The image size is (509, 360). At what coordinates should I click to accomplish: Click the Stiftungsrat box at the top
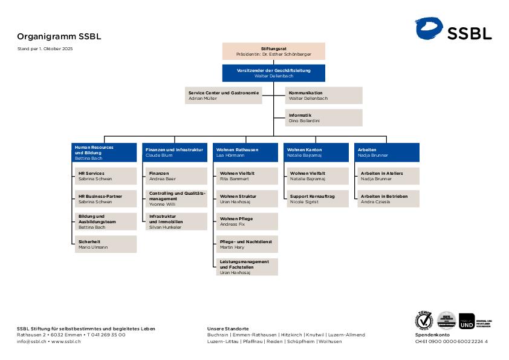pos(273,51)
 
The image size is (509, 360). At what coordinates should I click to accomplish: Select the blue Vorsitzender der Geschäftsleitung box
pos(273,73)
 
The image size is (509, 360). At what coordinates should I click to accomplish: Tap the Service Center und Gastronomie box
pos(224,96)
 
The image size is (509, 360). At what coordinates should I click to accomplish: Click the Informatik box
pos(324,117)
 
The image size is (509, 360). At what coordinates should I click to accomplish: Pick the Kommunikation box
pos(324,96)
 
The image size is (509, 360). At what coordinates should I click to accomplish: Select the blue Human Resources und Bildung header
pos(104,152)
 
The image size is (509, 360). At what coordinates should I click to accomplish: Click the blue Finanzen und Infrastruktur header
pos(175,152)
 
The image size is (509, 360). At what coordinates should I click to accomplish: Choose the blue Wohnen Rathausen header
pos(245,152)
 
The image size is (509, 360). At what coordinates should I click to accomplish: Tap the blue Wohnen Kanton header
pos(316,152)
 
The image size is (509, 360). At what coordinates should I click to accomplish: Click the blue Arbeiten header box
pos(387,152)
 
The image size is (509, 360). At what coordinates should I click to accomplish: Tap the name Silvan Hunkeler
pos(165,227)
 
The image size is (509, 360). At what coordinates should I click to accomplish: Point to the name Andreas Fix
pos(233,224)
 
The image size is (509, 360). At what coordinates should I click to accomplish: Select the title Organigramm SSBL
pos(59,36)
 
